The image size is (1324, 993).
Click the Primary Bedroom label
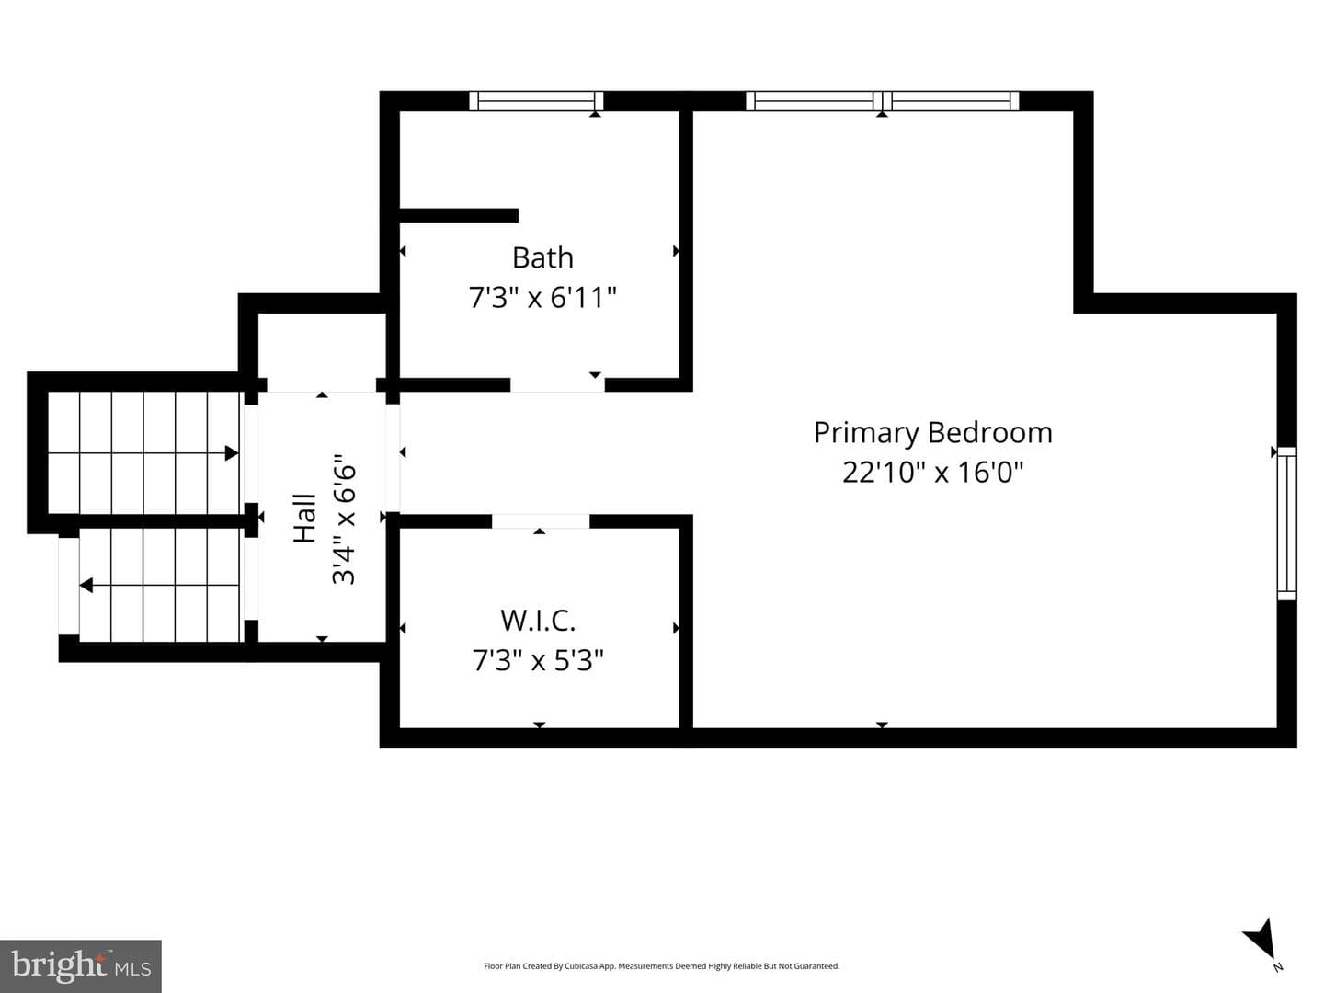point(932,433)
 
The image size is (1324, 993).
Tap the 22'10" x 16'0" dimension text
point(932,472)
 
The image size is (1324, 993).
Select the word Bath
point(542,258)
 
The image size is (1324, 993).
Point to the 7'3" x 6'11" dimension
point(542,297)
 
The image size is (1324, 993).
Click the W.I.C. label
point(538,621)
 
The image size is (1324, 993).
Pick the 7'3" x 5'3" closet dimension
point(538,660)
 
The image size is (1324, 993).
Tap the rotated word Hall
point(304,518)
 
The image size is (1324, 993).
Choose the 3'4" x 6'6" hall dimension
point(345,519)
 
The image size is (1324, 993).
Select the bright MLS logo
point(81,966)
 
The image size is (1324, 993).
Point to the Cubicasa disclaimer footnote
point(662,965)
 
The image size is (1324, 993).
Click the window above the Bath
point(536,101)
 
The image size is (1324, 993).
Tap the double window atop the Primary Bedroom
point(883,101)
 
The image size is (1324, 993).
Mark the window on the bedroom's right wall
point(1287,523)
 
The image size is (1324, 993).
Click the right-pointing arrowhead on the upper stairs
point(232,453)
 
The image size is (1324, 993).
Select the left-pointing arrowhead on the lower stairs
point(86,585)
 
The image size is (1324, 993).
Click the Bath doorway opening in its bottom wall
point(558,384)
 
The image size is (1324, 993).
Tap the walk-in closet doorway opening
point(541,521)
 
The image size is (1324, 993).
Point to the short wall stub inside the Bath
point(459,215)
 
